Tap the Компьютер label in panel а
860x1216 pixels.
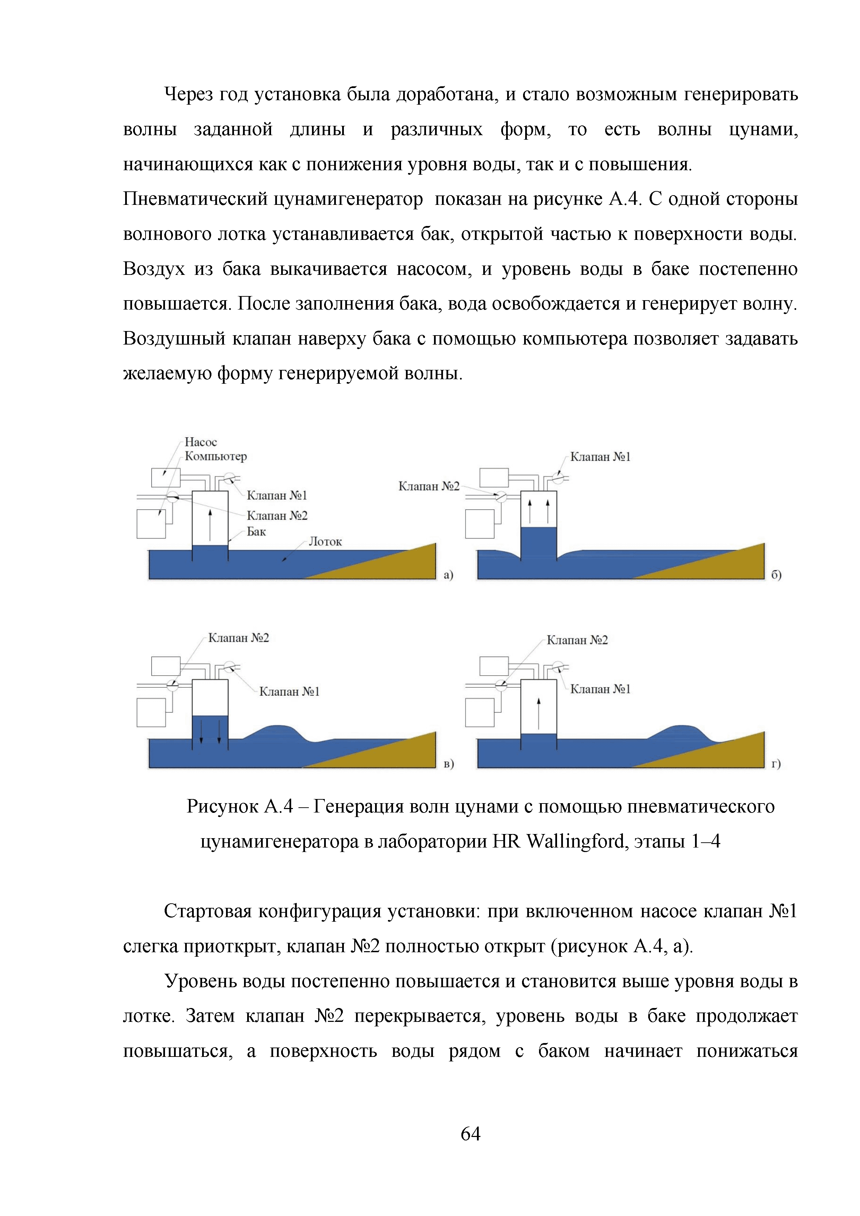[x=216, y=457]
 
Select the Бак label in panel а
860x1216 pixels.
[x=256, y=532]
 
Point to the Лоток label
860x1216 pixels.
[x=325, y=542]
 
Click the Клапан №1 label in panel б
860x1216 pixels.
[x=600, y=457]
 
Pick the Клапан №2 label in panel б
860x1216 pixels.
[x=429, y=486]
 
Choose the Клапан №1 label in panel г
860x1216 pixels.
[x=600, y=689]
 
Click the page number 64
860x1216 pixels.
[x=470, y=1134]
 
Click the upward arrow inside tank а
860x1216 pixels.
[x=210, y=524]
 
